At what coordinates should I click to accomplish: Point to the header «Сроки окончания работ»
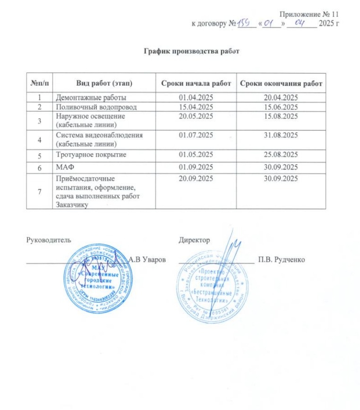pyautogui.click(x=281, y=84)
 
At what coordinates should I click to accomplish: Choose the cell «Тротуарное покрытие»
pyautogui.click(x=93, y=154)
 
